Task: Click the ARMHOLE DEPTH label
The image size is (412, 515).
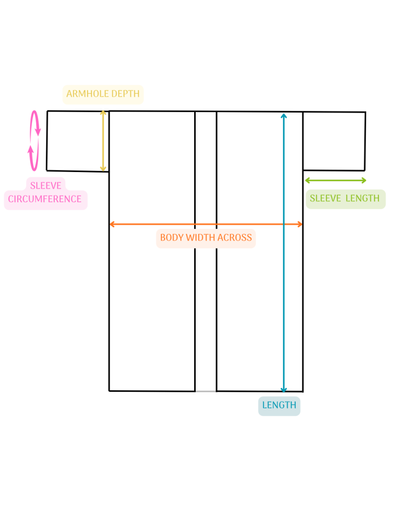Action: [103, 94]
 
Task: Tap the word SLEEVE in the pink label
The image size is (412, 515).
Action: [46, 186]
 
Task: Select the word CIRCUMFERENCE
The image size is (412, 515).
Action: [45, 199]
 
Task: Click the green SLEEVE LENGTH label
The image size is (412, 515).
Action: [345, 198]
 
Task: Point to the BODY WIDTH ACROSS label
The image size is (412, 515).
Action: [206, 237]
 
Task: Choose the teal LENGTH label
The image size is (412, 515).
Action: [279, 405]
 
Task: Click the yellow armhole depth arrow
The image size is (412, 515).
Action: [103, 141]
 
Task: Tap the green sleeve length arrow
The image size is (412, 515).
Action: [336, 181]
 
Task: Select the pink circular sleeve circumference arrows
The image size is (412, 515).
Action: [34, 141]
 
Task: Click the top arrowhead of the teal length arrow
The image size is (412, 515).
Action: [284, 115]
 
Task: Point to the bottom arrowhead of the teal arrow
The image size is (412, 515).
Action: [284, 390]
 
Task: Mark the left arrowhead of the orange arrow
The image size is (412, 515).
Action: [112, 224]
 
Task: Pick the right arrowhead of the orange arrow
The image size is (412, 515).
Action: [300, 224]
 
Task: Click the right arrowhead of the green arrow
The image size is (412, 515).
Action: [364, 181]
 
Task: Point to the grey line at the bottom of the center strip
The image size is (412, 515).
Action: [206, 391]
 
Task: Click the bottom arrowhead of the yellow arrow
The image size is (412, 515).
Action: [103, 169]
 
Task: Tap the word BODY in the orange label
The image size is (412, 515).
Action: [172, 237]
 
